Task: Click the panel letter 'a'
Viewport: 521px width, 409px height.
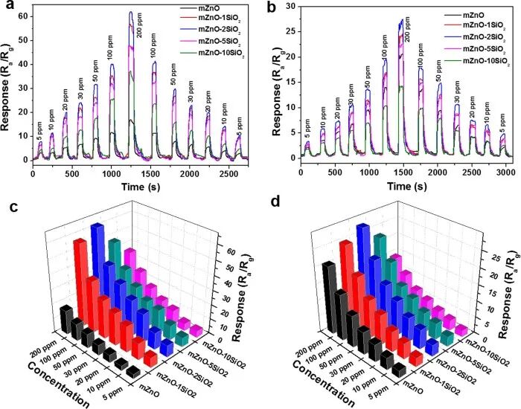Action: (x=7, y=10)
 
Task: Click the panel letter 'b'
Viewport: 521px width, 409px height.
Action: (x=269, y=9)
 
